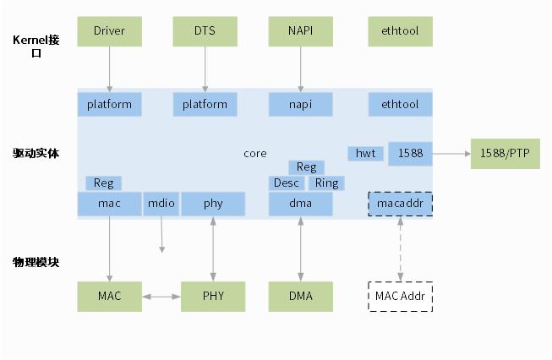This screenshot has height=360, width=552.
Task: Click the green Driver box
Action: (110, 31)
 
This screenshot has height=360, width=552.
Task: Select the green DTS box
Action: (205, 31)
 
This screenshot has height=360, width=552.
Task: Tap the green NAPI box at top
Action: (300, 31)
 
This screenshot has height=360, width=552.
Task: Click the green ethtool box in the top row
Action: (400, 31)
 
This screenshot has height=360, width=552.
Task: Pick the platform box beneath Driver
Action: (110, 104)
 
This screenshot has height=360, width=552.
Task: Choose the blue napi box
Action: (300, 104)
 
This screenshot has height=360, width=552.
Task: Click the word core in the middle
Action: (254, 153)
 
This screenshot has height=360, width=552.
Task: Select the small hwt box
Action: (365, 153)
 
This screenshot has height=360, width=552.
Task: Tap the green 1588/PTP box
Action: (505, 153)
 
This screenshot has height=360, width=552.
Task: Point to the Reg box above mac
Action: (103, 183)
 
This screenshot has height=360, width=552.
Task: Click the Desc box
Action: (287, 183)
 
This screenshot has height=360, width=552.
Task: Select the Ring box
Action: (326, 183)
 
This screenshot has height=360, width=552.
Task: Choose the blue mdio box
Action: (161, 204)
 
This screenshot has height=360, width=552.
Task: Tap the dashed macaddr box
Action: (400, 204)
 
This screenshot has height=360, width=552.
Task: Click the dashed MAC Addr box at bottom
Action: (400, 297)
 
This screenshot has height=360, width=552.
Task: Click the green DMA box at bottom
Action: (300, 297)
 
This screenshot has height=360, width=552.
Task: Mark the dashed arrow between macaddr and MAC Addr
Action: (400, 249)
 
